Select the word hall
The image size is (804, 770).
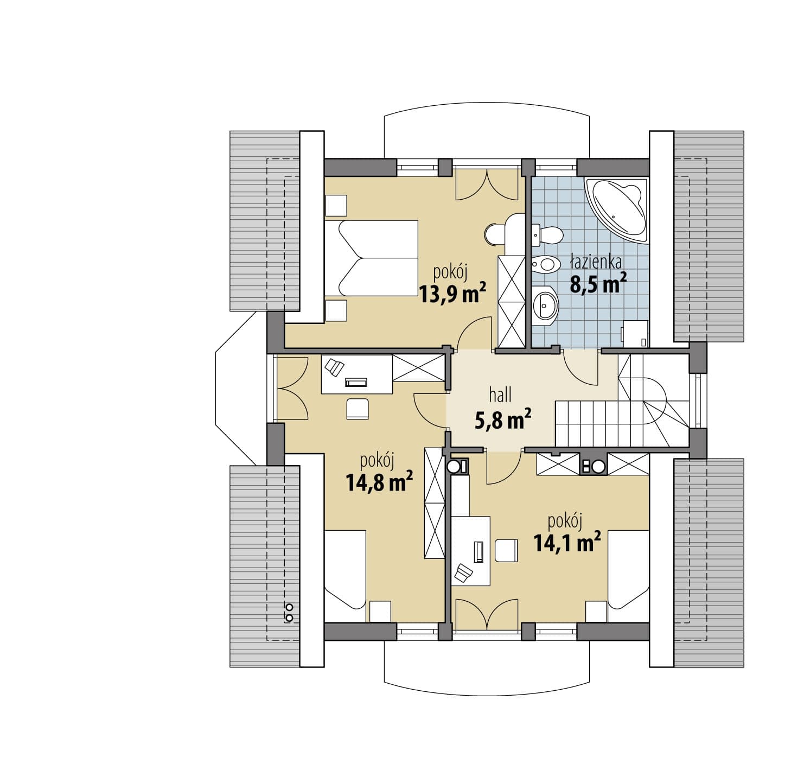tap(500, 394)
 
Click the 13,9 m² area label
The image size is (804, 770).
tap(452, 292)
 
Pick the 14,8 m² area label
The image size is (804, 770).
tap(379, 481)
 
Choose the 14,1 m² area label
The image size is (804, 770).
tap(567, 542)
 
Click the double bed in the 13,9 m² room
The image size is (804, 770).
tap(371, 258)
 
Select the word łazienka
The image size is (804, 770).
tap(596, 262)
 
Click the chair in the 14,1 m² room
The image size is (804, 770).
tap(506, 551)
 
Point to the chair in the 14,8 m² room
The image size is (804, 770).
tap(358, 409)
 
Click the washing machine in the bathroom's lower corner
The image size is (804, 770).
tap(635, 334)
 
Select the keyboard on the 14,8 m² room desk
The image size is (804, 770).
tap(356, 382)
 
